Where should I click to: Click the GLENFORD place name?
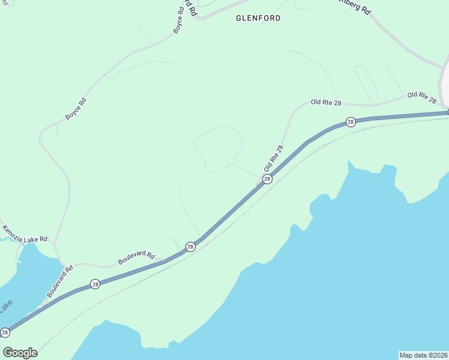258,18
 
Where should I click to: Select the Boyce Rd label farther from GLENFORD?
76,109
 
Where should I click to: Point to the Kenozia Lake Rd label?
24,234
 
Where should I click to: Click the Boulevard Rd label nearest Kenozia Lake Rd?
60,282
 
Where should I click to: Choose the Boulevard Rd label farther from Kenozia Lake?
136,258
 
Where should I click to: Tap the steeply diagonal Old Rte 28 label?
273,158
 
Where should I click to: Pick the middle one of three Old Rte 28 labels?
326,103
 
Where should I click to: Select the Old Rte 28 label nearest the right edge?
421,95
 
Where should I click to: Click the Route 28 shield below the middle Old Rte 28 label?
351,122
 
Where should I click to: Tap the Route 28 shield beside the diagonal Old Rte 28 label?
267,179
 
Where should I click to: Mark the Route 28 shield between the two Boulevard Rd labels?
95,284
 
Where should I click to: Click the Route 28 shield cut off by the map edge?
5,332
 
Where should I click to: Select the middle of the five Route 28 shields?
190,247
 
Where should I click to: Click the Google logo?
20,353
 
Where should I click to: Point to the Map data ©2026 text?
423,355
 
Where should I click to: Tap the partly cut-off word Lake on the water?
5,306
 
